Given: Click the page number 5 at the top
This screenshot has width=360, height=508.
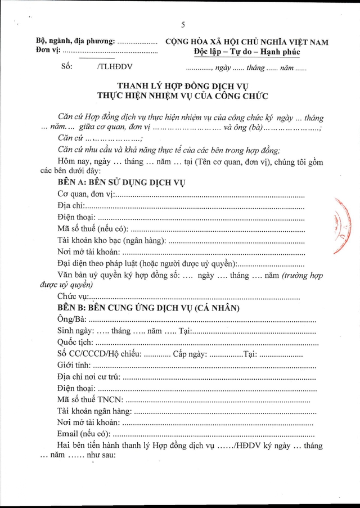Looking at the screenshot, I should tap(183, 24).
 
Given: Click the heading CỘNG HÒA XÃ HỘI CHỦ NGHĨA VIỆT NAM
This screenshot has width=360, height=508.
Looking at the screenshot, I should tap(247, 42).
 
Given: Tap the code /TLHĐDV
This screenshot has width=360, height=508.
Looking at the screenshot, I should tap(114, 67).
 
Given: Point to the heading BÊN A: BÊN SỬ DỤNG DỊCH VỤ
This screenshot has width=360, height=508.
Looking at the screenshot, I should tap(121, 183).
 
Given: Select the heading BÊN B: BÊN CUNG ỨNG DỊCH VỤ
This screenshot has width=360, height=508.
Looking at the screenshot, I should tap(148, 308).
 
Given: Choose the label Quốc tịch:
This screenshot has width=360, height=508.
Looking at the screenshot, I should tap(75, 342).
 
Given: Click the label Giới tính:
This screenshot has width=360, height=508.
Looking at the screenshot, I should tap(74, 366).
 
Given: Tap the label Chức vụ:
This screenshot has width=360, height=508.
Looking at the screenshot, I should tap(74, 296).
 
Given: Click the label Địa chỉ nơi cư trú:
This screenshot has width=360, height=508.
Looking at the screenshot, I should tap(89, 377).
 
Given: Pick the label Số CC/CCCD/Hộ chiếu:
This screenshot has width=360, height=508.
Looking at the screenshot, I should tap(99, 354).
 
